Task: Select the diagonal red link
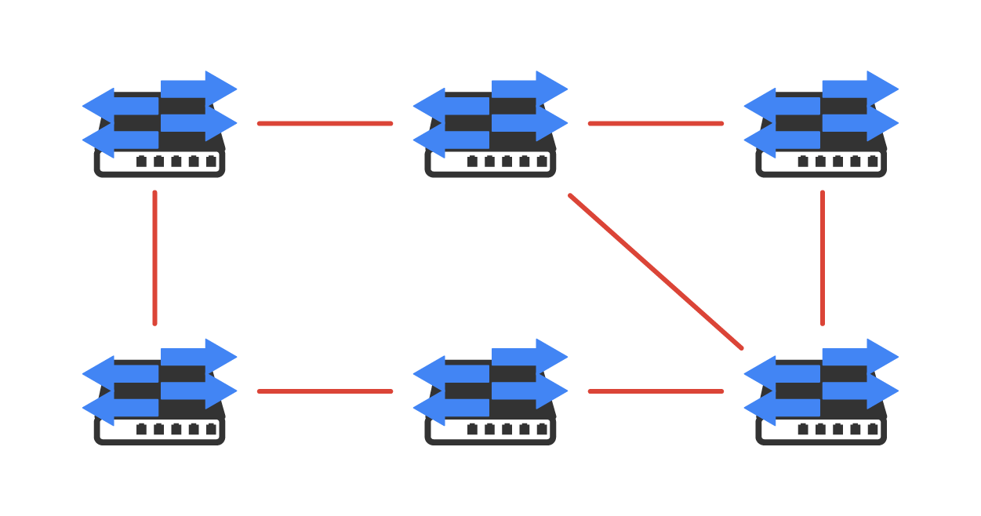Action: [656, 271]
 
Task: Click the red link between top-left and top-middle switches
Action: [325, 123]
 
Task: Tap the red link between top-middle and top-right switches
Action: [656, 123]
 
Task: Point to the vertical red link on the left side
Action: [154, 258]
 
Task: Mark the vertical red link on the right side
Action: [822, 258]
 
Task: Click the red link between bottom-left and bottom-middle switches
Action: [325, 391]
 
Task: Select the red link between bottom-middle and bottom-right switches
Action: [656, 391]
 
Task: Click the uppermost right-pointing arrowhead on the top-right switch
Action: [882, 86]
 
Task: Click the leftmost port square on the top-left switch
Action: [142, 162]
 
